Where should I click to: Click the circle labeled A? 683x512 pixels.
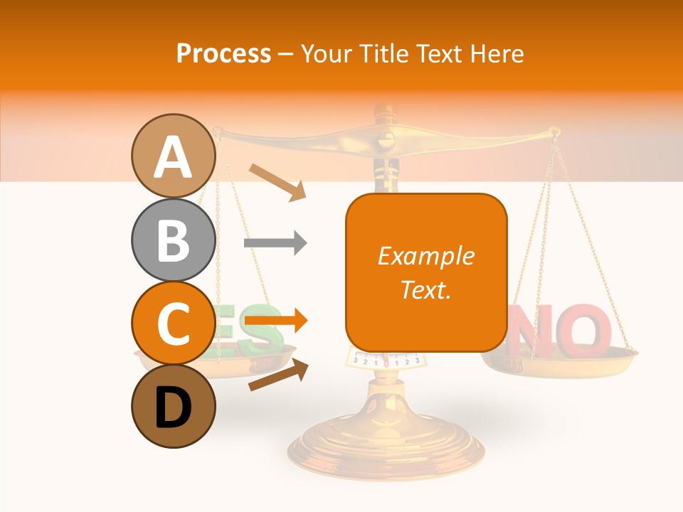coord(174,156)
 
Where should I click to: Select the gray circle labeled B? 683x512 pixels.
coord(174,240)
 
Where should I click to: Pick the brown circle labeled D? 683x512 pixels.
coord(174,406)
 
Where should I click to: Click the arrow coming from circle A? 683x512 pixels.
coord(277,181)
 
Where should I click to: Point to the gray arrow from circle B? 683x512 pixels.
coord(275,243)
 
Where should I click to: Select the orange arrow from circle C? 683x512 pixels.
coord(275,321)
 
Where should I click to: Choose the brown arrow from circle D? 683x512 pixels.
coord(278,375)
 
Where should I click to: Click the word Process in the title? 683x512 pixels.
coord(223,53)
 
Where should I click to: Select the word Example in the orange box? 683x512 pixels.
coord(425,256)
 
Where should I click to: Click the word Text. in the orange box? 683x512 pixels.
coord(425,289)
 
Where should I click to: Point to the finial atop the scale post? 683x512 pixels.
coord(385,112)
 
